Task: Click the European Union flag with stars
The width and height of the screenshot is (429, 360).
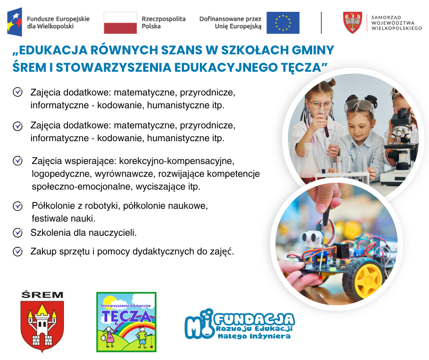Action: [283, 23]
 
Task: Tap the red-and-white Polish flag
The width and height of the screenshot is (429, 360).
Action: [120, 23]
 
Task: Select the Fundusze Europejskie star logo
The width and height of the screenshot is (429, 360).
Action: [15, 22]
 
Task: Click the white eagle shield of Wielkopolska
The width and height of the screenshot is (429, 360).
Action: [353, 22]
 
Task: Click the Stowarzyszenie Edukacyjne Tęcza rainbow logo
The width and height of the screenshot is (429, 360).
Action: [126, 322]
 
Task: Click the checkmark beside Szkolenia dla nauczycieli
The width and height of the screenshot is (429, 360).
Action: [18, 233]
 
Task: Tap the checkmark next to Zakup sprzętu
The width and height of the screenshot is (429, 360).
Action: [18, 252]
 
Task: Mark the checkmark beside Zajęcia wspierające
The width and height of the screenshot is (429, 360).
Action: [18, 160]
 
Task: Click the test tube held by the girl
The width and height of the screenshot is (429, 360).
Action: [324, 123]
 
